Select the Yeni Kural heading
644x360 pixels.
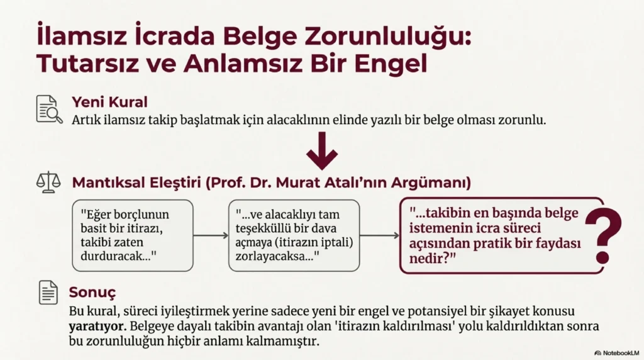tap(109, 102)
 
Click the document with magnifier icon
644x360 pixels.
tap(49, 110)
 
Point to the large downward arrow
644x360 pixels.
tap(322, 151)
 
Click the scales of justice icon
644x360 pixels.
tap(48, 182)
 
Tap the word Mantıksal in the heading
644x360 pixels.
tap(108, 183)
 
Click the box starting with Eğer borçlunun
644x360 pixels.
tap(133, 235)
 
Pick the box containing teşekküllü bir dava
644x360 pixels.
tap(294, 235)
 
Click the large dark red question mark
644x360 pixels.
tap(603, 235)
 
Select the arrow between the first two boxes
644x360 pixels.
tap(211, 235)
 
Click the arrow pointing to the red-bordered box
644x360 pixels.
tap(379, 235)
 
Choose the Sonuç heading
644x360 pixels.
tap(92, 293)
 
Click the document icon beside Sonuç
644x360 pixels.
tap(48, 293)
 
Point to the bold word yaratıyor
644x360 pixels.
tap(96, 327)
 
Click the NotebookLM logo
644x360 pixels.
tap(617, 353)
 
